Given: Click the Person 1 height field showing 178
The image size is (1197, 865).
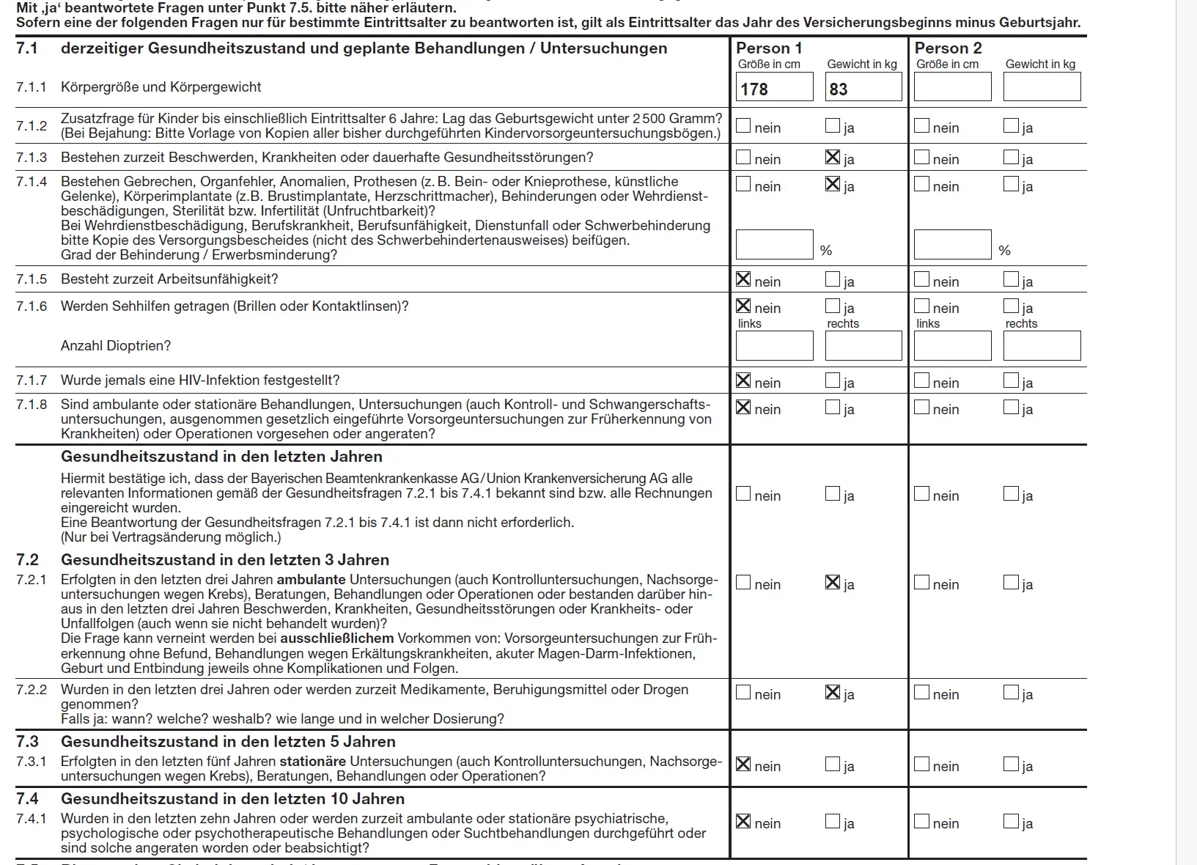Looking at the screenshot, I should pos(775,87).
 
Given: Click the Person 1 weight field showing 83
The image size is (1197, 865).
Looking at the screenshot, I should pos(863,87).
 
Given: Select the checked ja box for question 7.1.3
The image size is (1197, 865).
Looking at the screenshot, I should pos(833,157).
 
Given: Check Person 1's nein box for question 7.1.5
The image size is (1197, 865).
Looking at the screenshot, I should pos(743,279).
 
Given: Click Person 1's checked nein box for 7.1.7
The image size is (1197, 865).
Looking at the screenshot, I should pos(743,380).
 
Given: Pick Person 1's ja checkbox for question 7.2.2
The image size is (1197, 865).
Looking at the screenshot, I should pos(833,693).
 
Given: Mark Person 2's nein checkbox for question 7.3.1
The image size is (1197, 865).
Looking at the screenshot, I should pos(921,765).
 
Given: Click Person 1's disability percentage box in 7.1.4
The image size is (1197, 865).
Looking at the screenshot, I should pos(775,245).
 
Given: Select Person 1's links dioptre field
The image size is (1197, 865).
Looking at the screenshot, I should pos(775,346).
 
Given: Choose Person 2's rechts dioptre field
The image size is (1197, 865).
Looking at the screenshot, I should pos(1042,346).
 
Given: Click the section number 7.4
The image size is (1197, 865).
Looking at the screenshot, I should pos(28,798).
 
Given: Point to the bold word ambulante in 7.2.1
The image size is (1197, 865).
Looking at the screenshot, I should pos(311,580).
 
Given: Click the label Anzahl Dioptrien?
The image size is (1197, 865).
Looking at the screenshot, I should pos(116,346).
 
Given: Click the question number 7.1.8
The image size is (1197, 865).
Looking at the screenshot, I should pos(32,405).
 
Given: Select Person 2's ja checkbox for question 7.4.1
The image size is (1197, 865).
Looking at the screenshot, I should pos(1011,822).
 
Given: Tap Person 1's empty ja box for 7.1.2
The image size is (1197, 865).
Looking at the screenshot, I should pos(833,126).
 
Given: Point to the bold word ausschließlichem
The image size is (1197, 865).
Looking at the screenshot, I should pos(337,638).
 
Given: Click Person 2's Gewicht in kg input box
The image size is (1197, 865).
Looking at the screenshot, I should pos(1042,87).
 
